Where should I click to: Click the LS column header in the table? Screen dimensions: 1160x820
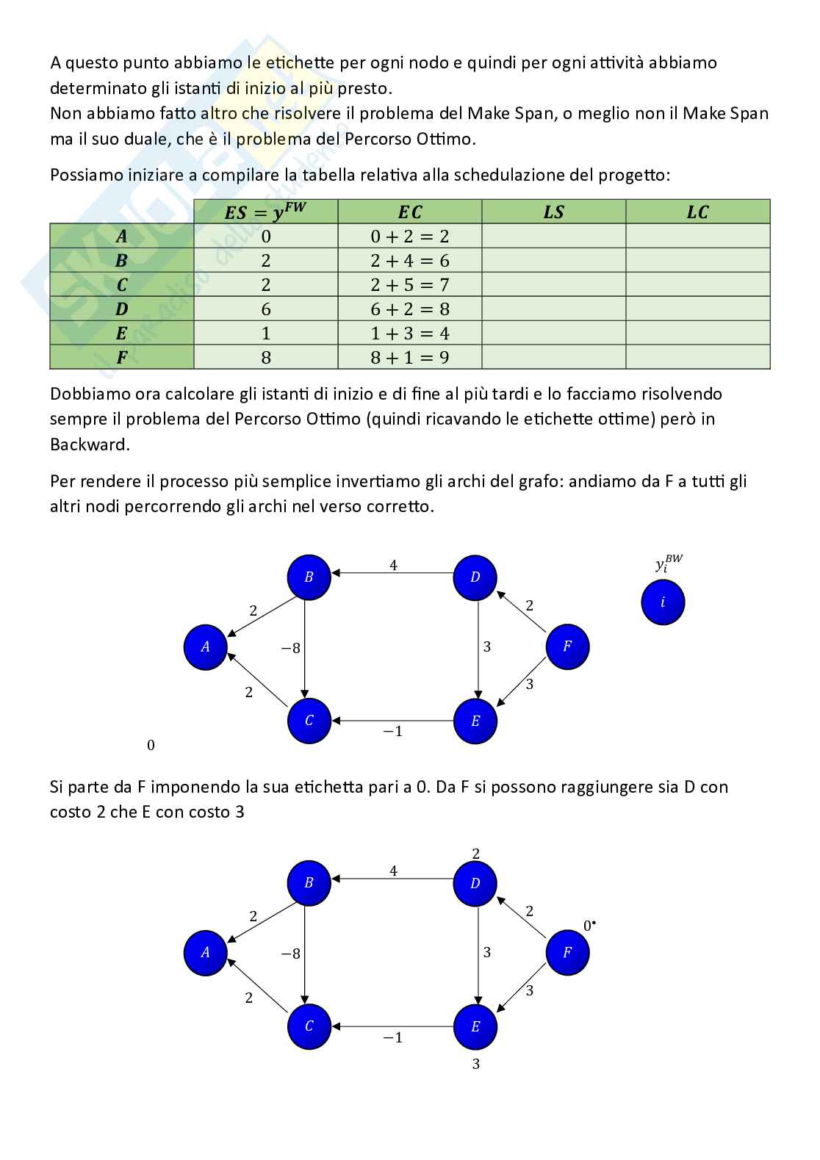point(553,212)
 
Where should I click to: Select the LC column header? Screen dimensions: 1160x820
point(697,212)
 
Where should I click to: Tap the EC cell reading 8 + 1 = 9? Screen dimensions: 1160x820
point(409,358)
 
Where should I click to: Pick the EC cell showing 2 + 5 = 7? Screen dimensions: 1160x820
point(409,285)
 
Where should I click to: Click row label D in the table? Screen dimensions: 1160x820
point(122,309)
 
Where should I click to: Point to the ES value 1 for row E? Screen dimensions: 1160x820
point(266,334)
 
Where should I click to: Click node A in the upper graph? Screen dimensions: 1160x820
point(205,647)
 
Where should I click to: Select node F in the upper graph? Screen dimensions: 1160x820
point(567,646)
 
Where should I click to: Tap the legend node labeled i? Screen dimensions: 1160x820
point(663,602)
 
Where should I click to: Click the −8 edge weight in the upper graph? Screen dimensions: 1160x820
point(291,648)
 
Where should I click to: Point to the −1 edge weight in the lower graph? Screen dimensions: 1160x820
point(393,1037)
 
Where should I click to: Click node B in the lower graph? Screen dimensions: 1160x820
point(309,883)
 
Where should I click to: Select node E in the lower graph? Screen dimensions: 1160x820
point(475,1026)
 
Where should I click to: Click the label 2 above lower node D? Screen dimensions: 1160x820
point(475,854)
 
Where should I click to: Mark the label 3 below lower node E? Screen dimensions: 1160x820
point(475,1064)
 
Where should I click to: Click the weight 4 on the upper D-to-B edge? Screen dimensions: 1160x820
point(394,566)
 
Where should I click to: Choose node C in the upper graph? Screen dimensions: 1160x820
point(309,721)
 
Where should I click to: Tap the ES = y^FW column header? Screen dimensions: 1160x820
point(265,212)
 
